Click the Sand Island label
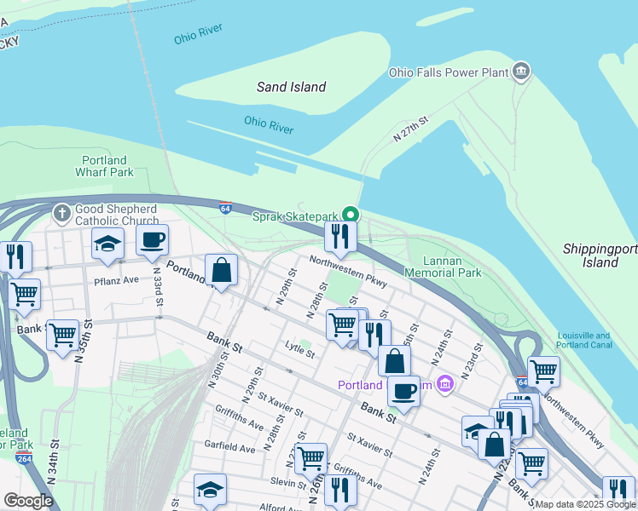click(x=292, y=87)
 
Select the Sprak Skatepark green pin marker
click(x=350, y=215)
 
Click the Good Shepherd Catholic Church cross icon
click(x=61, y=210)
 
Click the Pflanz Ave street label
click(x=116, y=279)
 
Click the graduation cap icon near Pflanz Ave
click(x=108, y=244)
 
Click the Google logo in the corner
click(x=28, y=501)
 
